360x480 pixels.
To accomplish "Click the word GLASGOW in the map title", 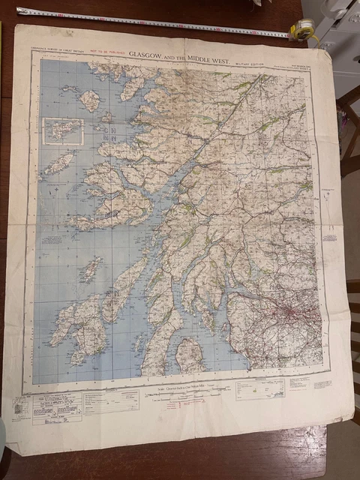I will tap(148, 54).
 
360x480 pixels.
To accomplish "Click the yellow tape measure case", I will tap(303, 30).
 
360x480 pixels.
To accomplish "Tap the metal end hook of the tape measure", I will tap(19, 10).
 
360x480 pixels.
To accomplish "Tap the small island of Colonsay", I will tap(91, 268).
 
